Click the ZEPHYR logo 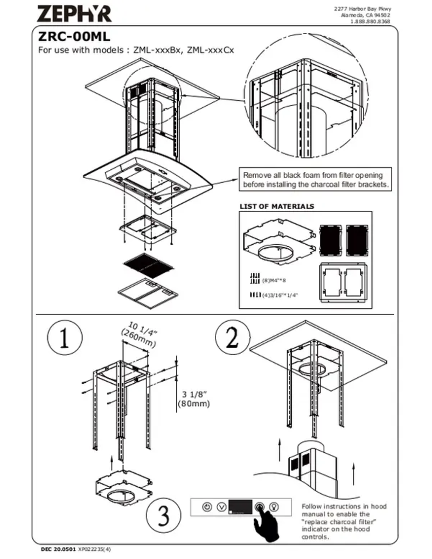coord(75,12)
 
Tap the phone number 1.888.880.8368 coord(370,22)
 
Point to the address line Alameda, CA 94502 coord(366,16)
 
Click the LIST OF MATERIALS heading coord(276,206)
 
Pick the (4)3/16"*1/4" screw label coord(280,295)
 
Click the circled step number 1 coord(64,340)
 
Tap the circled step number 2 coord(232,338)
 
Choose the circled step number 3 coord(163,516)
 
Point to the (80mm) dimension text coord(194,403)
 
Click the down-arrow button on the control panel coord(221,507)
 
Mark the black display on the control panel coord(240,507)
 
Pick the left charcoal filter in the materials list coord(329,239)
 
